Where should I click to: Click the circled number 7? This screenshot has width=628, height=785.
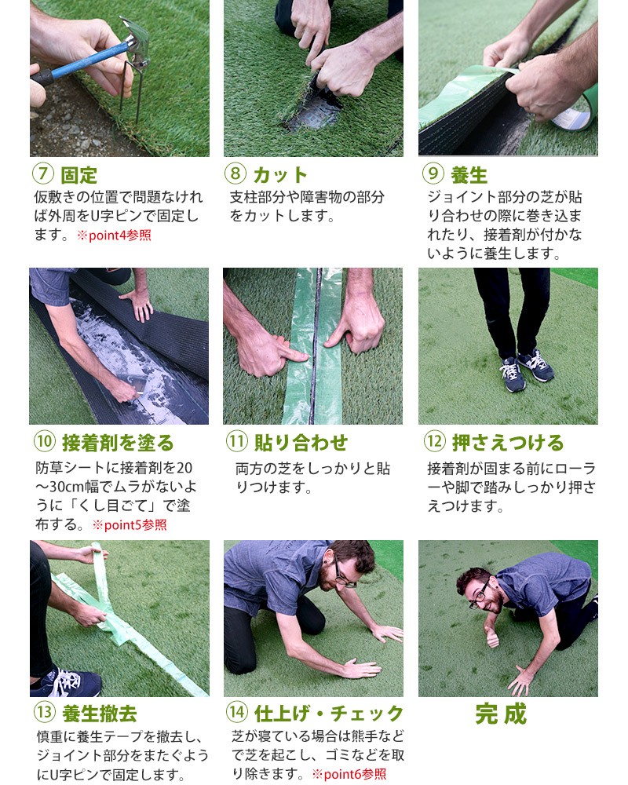42,174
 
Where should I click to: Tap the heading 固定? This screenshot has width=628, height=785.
78,174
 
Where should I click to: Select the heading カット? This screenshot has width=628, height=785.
279,174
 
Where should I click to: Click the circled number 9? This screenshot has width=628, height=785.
433,174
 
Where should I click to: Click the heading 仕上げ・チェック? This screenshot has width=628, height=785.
328,714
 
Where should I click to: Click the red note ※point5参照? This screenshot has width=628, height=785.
130,525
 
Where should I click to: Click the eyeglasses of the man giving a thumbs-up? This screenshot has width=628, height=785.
479,595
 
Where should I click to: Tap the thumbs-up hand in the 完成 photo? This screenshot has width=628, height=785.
492,634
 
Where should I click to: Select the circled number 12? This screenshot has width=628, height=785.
434,443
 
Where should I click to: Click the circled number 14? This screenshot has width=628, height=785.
236,714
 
